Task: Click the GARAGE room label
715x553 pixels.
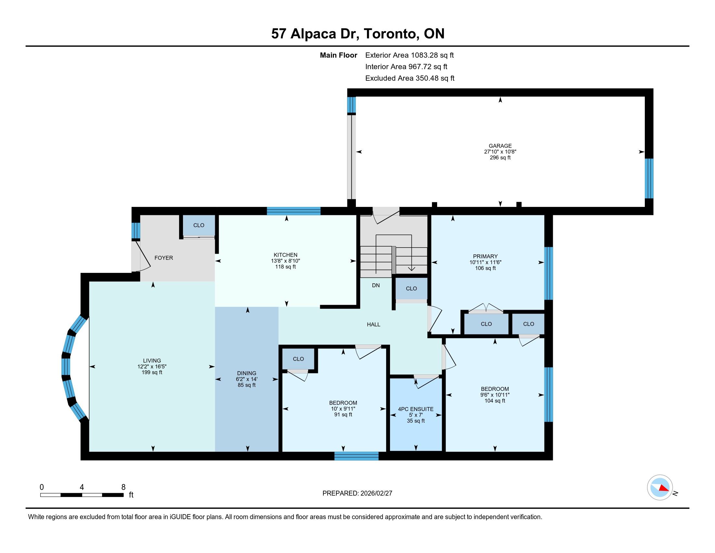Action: pyautogui.click(x=500, y=146)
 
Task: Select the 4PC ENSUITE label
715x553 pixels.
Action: pyautogui.click(x=415, y=409)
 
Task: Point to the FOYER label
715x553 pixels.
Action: pyautogui.click(x=164, y=258)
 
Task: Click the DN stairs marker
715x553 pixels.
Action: pyautogui.click(x=376, y=285)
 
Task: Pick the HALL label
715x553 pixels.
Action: pyautogui.click(x=373, y=324)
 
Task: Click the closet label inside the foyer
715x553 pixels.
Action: pyautogui.click(x=199, y=225)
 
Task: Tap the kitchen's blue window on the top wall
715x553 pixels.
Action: pyautogui.click(x=293, y=211)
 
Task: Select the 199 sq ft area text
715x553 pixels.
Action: pyautogui.click(x=152, y=372)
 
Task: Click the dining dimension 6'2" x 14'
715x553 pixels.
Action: pyautogui.click(x=247, y=379)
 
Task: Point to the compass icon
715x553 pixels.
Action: pyautogui.click(x=660, y=488)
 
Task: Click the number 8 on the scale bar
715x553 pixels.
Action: pyautogui.click(x=123, y=487)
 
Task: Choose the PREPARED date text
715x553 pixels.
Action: pyautogui.click(x=357, y=493)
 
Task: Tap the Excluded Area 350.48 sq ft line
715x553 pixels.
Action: pyautogui.click(x=410, y=78)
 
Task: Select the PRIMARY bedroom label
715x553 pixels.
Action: pyautogui.click(x=485, y=256)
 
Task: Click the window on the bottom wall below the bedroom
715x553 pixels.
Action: pyautogui.click(x=357, y=456)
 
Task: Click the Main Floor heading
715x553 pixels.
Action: pyautogui.click(x=339, y=55)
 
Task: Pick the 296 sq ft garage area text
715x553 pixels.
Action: pyautogui.click(x=500, y=157)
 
